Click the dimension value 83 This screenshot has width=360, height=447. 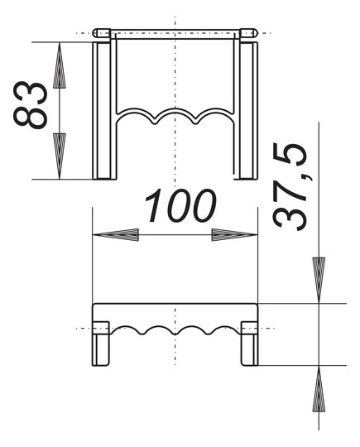(x=31, y=105)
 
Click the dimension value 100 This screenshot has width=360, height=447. (x=180, y=205)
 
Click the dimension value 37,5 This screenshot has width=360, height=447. (x=290, y=187)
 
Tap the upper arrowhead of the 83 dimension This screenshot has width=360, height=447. (x=60, y=65)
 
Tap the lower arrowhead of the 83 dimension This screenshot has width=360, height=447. (x=60, y=156)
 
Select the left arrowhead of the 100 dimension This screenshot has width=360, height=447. (x=116, y=235)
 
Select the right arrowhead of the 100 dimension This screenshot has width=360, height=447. (x=234, y=235)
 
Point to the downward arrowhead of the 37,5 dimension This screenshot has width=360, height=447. (x=319, y=280)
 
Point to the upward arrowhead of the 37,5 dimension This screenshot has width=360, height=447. (x=319, y=388)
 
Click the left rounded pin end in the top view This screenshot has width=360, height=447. (x=102, y=33)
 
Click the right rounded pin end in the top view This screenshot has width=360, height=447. (x=248, y=33)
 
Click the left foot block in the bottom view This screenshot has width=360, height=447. (x=101, y=344)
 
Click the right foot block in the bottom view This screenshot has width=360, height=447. (x=249, y=344)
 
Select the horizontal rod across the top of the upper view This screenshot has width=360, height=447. (x=175, y=34)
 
